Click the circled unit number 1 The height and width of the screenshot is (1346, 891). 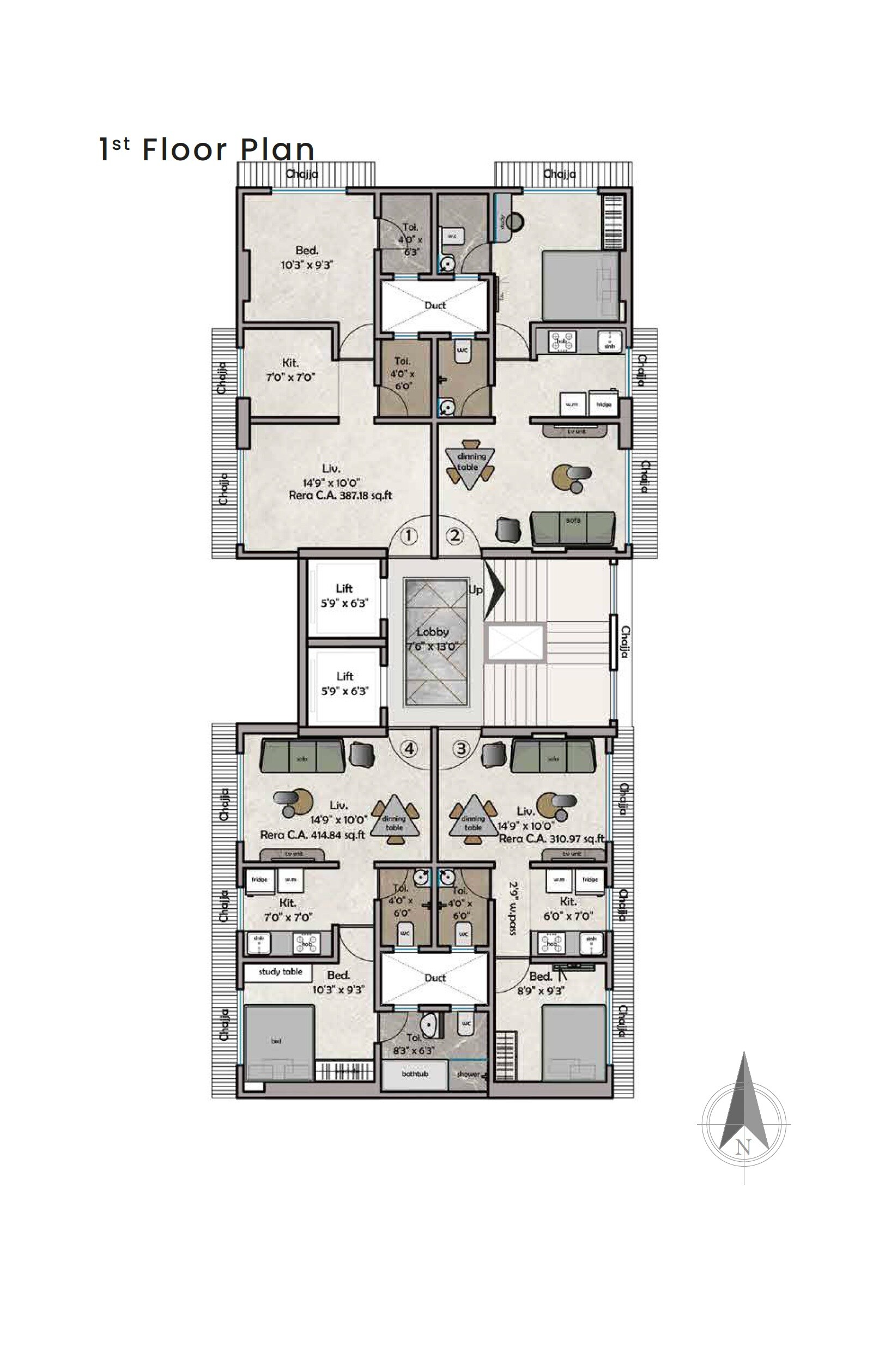tap(409, 535)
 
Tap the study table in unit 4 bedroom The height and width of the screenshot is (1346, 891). tap(281, 971)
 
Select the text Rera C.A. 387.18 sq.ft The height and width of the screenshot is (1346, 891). tap(341, 495)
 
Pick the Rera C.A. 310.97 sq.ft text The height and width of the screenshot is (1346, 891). tap(550, 838)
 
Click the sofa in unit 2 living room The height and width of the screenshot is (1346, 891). tap(573, 528)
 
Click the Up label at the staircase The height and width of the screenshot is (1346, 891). tap(475, 589)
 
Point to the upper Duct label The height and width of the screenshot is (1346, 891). tap(435, 305)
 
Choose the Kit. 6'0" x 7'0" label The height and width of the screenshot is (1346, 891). tap(568, 908)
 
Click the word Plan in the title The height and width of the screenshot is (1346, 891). tap(277, 149)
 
